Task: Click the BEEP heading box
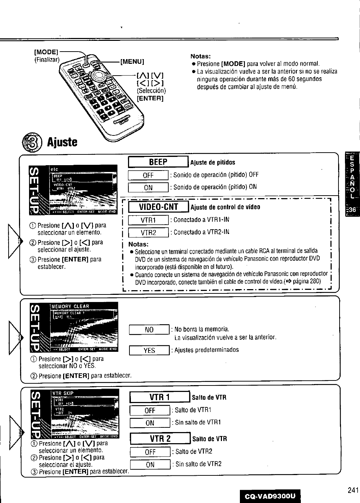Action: (x=158, y=162)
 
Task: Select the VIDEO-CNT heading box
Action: (x=158, y=207)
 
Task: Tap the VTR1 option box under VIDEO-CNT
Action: (x=148, y=220)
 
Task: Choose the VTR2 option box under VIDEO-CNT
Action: (x=148, y=233)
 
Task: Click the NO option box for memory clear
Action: (x=149, y=330)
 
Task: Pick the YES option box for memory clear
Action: (x=149, y=350)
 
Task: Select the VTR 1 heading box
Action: (x=160, y=397)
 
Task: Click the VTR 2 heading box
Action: (x=160, y=439)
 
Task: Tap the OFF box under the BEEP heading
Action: (x=148, y=175)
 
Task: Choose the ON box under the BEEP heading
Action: (x=148, y=187)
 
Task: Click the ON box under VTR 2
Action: (x=150, y=465)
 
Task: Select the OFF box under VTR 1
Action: (x=150, y=411)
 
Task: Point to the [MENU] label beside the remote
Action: (x=132, y=61)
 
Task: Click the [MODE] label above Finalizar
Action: (x=46, y=52)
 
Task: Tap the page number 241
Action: (x=353, y=491)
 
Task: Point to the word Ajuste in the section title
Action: (x=62, y=142)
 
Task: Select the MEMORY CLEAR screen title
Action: (x=70, y=306)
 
